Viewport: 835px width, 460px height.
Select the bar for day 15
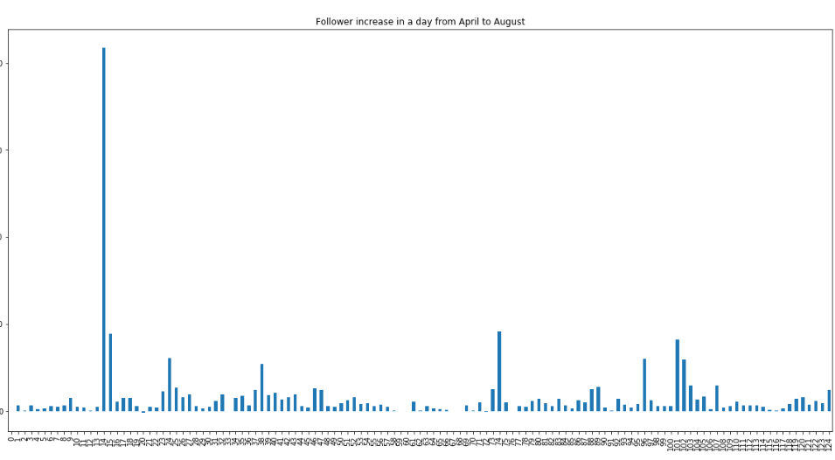[110, 372]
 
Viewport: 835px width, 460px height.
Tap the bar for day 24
[170, 384]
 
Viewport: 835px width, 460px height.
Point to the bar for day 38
[262, 387]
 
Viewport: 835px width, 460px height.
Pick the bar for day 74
[499, 371]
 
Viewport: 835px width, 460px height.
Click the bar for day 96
[644, 385]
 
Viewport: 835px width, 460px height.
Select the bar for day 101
[678, 375]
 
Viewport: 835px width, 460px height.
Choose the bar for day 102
[684, 385]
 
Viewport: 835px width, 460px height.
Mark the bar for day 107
[717, 398]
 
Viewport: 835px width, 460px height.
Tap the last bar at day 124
[829, 401]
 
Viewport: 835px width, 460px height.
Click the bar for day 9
[71, 404]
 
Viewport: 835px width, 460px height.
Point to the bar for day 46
[315, 400]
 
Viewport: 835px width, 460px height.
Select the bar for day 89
[598, 399]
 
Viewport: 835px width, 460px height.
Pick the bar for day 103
[691, 398]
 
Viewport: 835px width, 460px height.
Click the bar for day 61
[414, 406]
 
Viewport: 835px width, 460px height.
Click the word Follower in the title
[336, 22]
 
